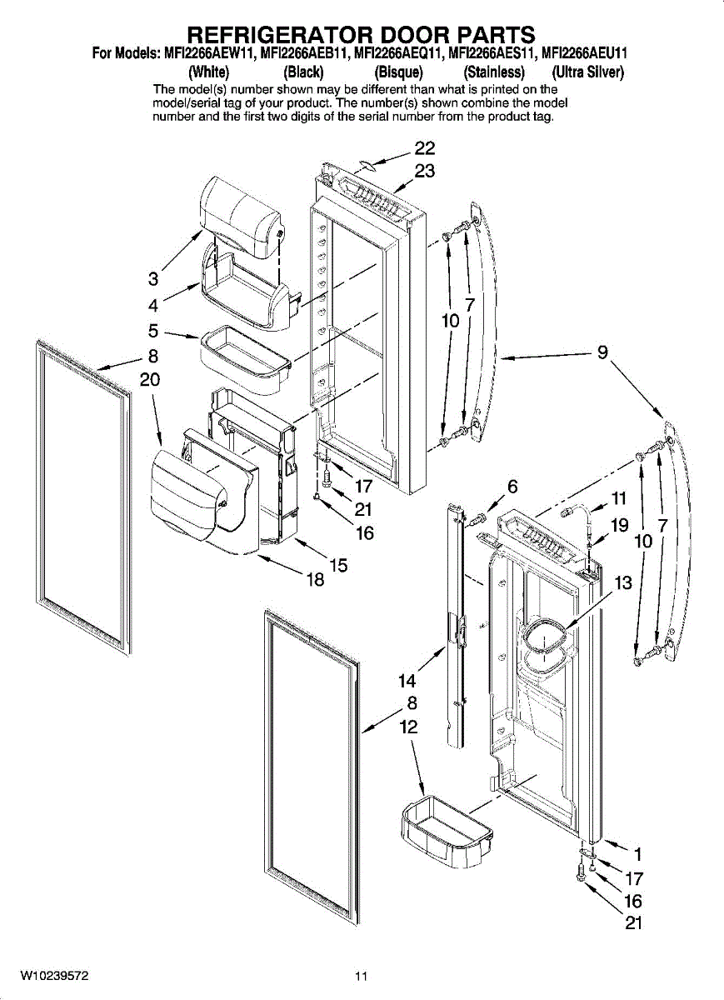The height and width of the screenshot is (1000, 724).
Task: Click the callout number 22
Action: coord(425,148)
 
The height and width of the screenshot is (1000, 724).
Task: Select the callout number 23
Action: coord(425,171)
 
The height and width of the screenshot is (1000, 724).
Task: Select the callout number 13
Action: coord(623,583)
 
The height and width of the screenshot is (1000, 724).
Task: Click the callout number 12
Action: coord(407,727)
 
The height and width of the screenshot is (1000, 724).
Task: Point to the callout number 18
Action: coord(315,580)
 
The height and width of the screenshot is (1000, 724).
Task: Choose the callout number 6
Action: coord(512,487)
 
